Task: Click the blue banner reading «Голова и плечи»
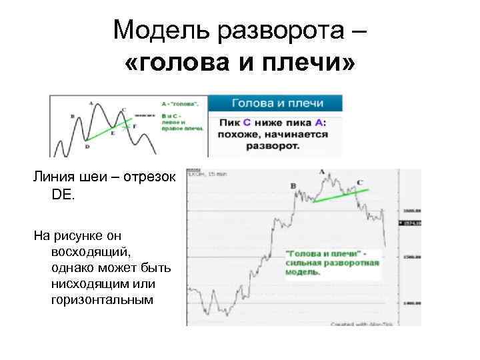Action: (277, 103)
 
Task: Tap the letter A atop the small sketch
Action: (91, 103)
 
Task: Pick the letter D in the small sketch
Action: (87, 146)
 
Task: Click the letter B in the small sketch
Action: (71, 116)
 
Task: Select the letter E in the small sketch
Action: (113, 133)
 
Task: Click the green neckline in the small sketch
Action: (107, 131)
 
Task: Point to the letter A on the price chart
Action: (322, 172)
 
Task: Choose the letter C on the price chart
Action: (360, 182)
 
